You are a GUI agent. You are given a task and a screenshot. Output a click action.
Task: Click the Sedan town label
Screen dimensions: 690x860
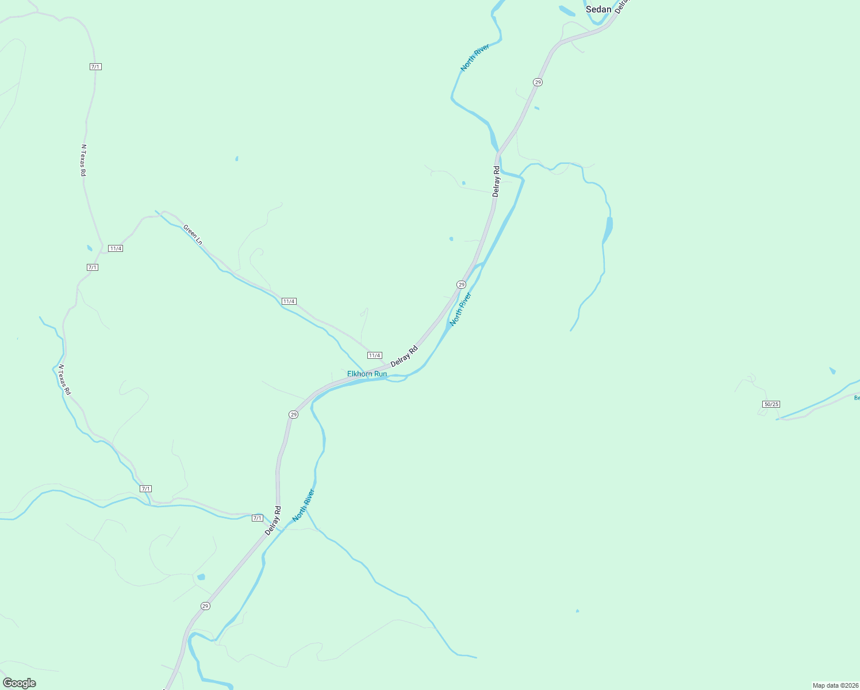[598, 9]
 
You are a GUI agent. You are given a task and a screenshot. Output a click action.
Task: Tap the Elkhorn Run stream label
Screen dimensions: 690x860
[367, 374]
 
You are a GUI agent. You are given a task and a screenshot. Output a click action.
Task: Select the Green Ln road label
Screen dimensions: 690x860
[193, 235]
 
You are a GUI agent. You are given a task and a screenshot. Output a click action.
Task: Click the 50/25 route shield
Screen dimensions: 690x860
[771, 404]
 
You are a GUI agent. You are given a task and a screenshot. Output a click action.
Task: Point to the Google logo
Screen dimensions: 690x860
[20, 683]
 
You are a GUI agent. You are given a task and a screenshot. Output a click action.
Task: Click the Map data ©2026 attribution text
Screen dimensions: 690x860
[835, 685]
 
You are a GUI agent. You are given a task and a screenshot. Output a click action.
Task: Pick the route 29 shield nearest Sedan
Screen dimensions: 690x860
[537, 82]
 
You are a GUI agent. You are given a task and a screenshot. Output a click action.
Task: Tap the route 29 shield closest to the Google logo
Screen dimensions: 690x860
[205, 606]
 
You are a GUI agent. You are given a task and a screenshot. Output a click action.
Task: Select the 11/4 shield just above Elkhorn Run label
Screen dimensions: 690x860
[375, 355]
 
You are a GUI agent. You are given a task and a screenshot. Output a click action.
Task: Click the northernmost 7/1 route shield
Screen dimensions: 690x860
[95, 67]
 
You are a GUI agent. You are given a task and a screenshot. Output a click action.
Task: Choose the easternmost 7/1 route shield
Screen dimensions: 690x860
[258, 518]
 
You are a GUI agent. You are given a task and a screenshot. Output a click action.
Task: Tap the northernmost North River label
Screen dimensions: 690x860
[475, 57]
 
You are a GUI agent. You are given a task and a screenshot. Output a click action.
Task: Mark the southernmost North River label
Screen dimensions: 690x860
[304, 505]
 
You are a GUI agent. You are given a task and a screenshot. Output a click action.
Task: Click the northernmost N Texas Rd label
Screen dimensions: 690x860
[83, 160]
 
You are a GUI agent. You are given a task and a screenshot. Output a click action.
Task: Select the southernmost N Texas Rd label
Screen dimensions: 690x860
[64, 379]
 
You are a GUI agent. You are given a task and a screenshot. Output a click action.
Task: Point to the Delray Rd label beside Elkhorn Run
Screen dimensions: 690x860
[404, 356]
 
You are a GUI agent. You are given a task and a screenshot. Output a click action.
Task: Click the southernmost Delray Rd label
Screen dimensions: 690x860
[273, 520]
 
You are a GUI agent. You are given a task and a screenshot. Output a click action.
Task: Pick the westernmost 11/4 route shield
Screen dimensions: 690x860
[116, 248]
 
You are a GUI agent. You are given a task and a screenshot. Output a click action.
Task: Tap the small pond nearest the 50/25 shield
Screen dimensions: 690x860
[832, 371]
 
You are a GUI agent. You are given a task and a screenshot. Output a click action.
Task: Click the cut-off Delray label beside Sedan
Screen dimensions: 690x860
[621, 6]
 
